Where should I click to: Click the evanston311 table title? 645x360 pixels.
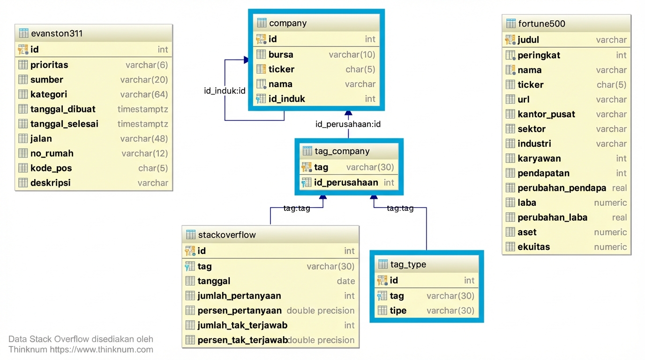[x=56, y=34]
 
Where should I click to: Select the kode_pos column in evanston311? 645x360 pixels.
[x=51, y=168]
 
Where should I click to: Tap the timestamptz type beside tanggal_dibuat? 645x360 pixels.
[x=142, y=109]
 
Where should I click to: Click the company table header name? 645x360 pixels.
[x=288, y=23]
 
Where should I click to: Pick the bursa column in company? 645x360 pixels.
[x=281, y=55]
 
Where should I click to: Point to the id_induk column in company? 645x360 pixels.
[x=286, y=99]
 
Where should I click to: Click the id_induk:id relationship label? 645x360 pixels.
[x=225, y=91]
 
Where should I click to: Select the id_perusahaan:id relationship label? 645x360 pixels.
[x=348, y=124]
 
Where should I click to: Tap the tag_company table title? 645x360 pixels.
[x=342, y=151]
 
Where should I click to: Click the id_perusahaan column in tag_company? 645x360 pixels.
[x=346, y=183]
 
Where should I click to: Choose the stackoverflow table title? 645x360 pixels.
[x=227, y=235]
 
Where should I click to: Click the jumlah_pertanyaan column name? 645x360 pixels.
[x=239, y=296]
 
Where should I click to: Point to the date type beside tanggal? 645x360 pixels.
[x=345, y=281]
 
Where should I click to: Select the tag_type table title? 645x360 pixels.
[x=408, y=264]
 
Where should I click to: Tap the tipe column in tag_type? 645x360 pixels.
[x=398, y=311]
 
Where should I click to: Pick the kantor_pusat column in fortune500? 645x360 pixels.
[x=546, y=114]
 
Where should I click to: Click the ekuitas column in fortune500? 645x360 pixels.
[x=533, y=247]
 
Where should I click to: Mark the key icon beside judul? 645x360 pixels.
[x=510, y=40]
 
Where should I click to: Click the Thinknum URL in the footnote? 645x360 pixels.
[x=101, y=350]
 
